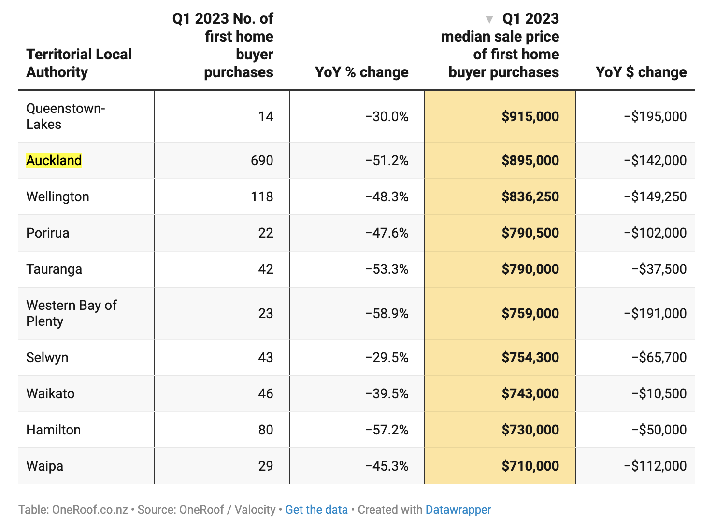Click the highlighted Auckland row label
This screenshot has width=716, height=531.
(x=54, y=160)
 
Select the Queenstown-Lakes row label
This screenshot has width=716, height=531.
(x=66, y=116)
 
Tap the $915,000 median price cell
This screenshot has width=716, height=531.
(x=530, y=116)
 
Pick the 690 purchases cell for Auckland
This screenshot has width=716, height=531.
(x=262, y=160)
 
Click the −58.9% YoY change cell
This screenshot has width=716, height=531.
(x=387, y=313)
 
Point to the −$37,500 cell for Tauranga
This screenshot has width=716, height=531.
(x=659, y=269)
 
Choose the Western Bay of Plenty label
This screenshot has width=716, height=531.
(x=72, y=313)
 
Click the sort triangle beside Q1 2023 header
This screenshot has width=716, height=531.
(x=489, y=19)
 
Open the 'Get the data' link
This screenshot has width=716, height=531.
(x=316, y=510)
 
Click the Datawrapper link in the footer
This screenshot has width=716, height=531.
(x=458, y=510)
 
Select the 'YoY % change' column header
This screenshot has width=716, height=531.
(x=361, y=72)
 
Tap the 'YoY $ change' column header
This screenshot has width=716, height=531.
(x=641, y=72)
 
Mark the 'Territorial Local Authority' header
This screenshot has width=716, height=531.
(x=79, y=63)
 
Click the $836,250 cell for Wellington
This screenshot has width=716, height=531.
(x=530, y=197)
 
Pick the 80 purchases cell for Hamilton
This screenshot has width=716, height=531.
(x=266, y=430)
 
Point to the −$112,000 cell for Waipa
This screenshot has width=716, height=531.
(x=655, y=466)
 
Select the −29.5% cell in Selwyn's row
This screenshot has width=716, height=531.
(x=387, y=357)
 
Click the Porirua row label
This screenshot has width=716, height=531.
(x=48, y=233)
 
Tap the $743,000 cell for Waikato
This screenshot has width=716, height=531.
(x=530, y=393)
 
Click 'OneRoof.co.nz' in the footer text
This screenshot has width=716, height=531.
(x=90, y=510)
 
